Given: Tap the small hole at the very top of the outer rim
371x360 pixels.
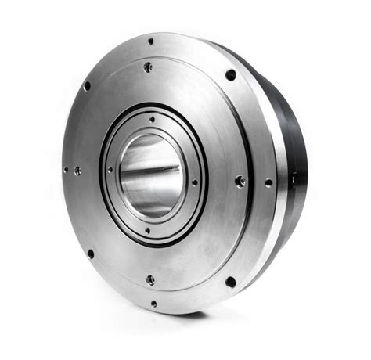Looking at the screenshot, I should click(151, 41).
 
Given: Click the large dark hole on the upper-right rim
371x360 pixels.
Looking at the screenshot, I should click(231, 74).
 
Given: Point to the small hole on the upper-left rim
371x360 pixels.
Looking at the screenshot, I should click(87, 86).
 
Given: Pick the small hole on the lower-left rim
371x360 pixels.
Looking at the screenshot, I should click(91, 254).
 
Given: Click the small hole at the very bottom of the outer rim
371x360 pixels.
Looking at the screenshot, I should click(153, 303).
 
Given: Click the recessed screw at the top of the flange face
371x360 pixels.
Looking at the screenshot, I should click(148, 68).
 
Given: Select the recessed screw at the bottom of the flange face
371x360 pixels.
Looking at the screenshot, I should click(150, 279).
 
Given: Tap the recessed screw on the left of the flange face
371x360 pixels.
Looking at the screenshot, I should click(77, 170).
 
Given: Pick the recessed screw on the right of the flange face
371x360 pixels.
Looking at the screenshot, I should click(240, 181).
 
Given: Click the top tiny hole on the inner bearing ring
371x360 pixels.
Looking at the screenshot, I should click(152, 119).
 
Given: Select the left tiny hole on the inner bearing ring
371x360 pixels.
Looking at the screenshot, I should click(110, 169).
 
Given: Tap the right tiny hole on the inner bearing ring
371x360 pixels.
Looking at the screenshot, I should click(194, 182).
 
